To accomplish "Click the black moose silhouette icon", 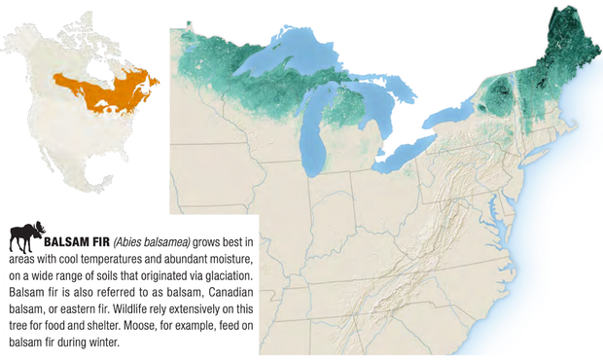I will coord(25,237).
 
